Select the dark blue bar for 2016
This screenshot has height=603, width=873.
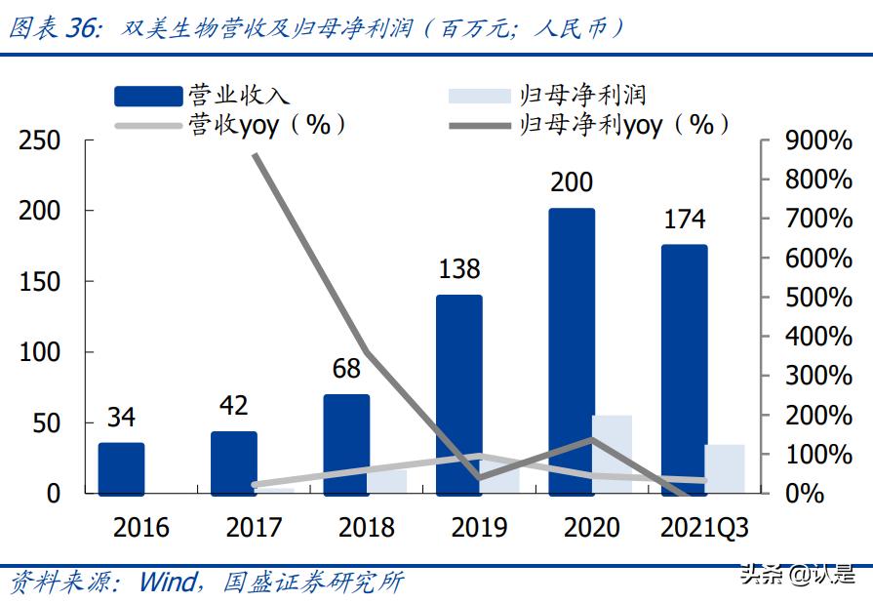tap(121, 467)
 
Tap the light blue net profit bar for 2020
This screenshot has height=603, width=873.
tap(612, 454)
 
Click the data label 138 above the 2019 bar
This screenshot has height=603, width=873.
tap(458, 269)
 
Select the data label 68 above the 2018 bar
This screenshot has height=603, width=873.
tap(346, 369)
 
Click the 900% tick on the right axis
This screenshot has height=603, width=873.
tap(817, 141)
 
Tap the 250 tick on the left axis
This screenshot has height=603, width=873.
tap(40, 141)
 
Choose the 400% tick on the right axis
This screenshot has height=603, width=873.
tap(817, 338)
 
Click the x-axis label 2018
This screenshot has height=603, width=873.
tap(367, 528)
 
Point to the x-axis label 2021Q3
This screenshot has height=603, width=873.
tap(704, 528)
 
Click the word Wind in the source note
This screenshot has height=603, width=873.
tap(168, 583)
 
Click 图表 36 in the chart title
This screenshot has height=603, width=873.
tap(55, 29)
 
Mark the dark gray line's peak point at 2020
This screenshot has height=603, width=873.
tap(592, 440)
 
